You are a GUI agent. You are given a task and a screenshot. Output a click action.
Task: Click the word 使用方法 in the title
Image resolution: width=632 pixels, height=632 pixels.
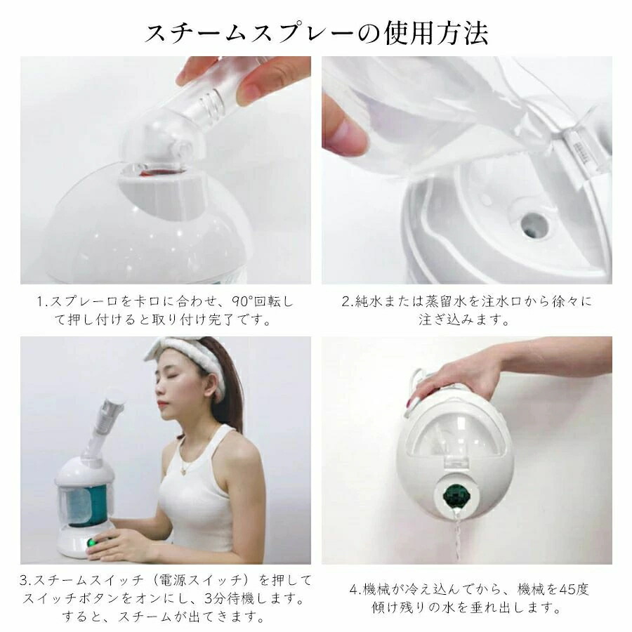(436, 32)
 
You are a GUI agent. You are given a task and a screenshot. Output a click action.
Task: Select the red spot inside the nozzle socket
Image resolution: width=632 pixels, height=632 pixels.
(145, 173)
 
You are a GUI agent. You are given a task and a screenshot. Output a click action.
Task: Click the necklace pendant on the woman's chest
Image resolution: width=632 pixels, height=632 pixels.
(184, 470)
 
